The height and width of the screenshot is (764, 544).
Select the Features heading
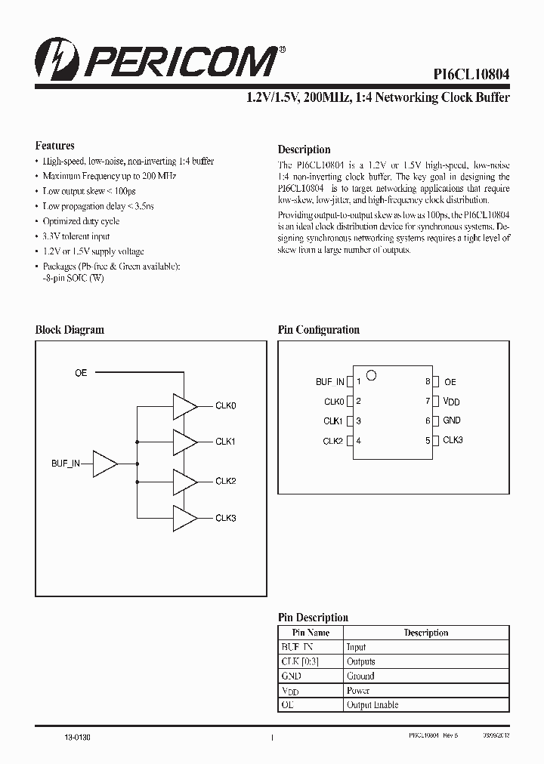click(55, 146)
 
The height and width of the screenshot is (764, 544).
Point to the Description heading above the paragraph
click(304, 149)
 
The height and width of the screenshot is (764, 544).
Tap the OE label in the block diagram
click(81, 373)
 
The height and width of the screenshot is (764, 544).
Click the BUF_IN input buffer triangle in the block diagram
click(104, 464)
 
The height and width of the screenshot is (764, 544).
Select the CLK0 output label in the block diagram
click(226, 406)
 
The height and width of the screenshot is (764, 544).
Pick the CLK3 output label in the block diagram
click(226, 518)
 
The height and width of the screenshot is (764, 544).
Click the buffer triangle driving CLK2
click(184, 481)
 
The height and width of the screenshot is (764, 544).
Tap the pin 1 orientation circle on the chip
click(371, 374)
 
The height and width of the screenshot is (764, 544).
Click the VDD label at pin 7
click(452, 402)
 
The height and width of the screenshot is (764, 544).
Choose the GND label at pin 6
click(452, 421)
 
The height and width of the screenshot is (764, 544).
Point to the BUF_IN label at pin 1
click(330, 382)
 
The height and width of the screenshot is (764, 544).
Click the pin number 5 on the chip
click(428, 441)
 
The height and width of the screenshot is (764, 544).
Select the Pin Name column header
click(311, 633)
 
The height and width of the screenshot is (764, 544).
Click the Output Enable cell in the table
click(372, 704)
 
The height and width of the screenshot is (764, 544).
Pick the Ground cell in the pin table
click(360, 676)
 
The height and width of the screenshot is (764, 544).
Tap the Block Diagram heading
click(70, 330)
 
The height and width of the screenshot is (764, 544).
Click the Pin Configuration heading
click(318, 330)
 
